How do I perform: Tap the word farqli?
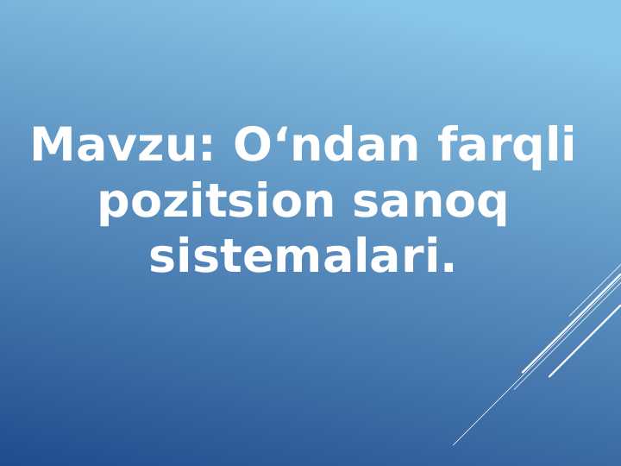[x=505, y=145]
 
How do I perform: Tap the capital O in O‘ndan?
[x=254, y=145]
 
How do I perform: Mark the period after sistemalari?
[x=448, y=269]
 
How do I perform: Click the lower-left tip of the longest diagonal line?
[x=454, y=444]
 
